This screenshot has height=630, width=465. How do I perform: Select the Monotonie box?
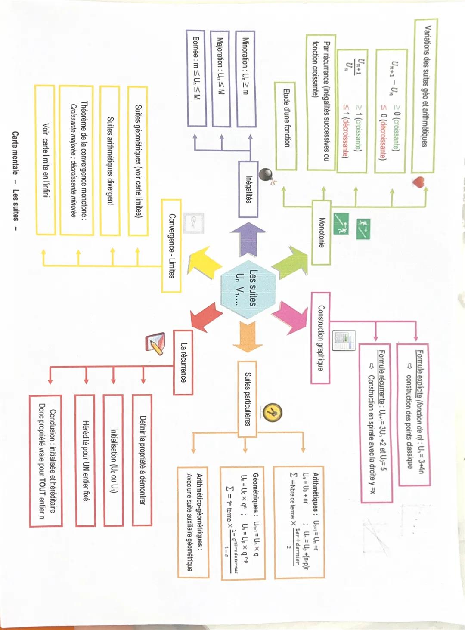coord(321,232)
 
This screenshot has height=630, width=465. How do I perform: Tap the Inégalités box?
coord(248,189)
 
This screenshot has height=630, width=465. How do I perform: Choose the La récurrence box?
coord(183,362)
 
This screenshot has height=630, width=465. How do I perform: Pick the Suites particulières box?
coord(247,399)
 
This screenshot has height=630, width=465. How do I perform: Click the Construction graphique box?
coord(321,338)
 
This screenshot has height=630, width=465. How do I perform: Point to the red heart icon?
coord(418,182)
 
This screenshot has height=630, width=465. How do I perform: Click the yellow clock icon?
coord(273,413)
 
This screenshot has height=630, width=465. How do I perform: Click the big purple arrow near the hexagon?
coord(248,238)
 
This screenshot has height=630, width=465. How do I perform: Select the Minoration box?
coord(246,79)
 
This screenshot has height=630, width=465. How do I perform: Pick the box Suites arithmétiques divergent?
coord(110,161)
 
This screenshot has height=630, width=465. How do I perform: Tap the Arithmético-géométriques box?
coord(193,522)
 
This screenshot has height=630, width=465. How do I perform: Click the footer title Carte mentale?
coord(15,153)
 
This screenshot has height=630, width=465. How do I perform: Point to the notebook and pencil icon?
coord(155,343)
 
